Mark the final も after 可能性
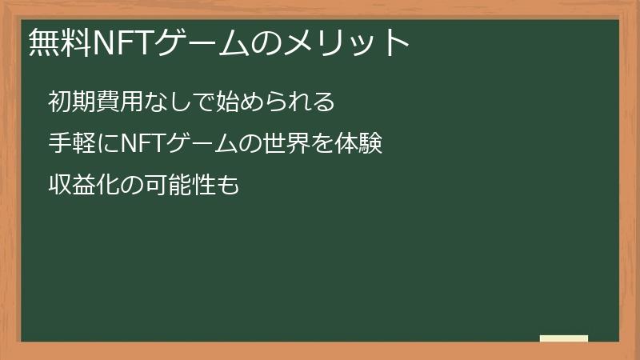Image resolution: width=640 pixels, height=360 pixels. click(x=229, y=186)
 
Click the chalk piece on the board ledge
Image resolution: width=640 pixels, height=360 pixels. click(x=564, y=338)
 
